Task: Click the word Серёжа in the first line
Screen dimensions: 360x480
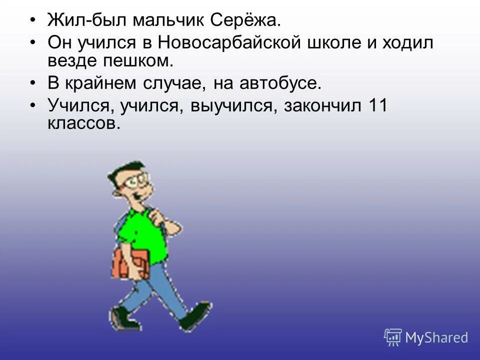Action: click(245, 21)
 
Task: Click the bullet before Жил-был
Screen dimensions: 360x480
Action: click(32, 21)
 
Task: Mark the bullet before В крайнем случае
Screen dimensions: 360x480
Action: click(32, 83)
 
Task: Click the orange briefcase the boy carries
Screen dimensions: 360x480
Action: click(130, 262)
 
